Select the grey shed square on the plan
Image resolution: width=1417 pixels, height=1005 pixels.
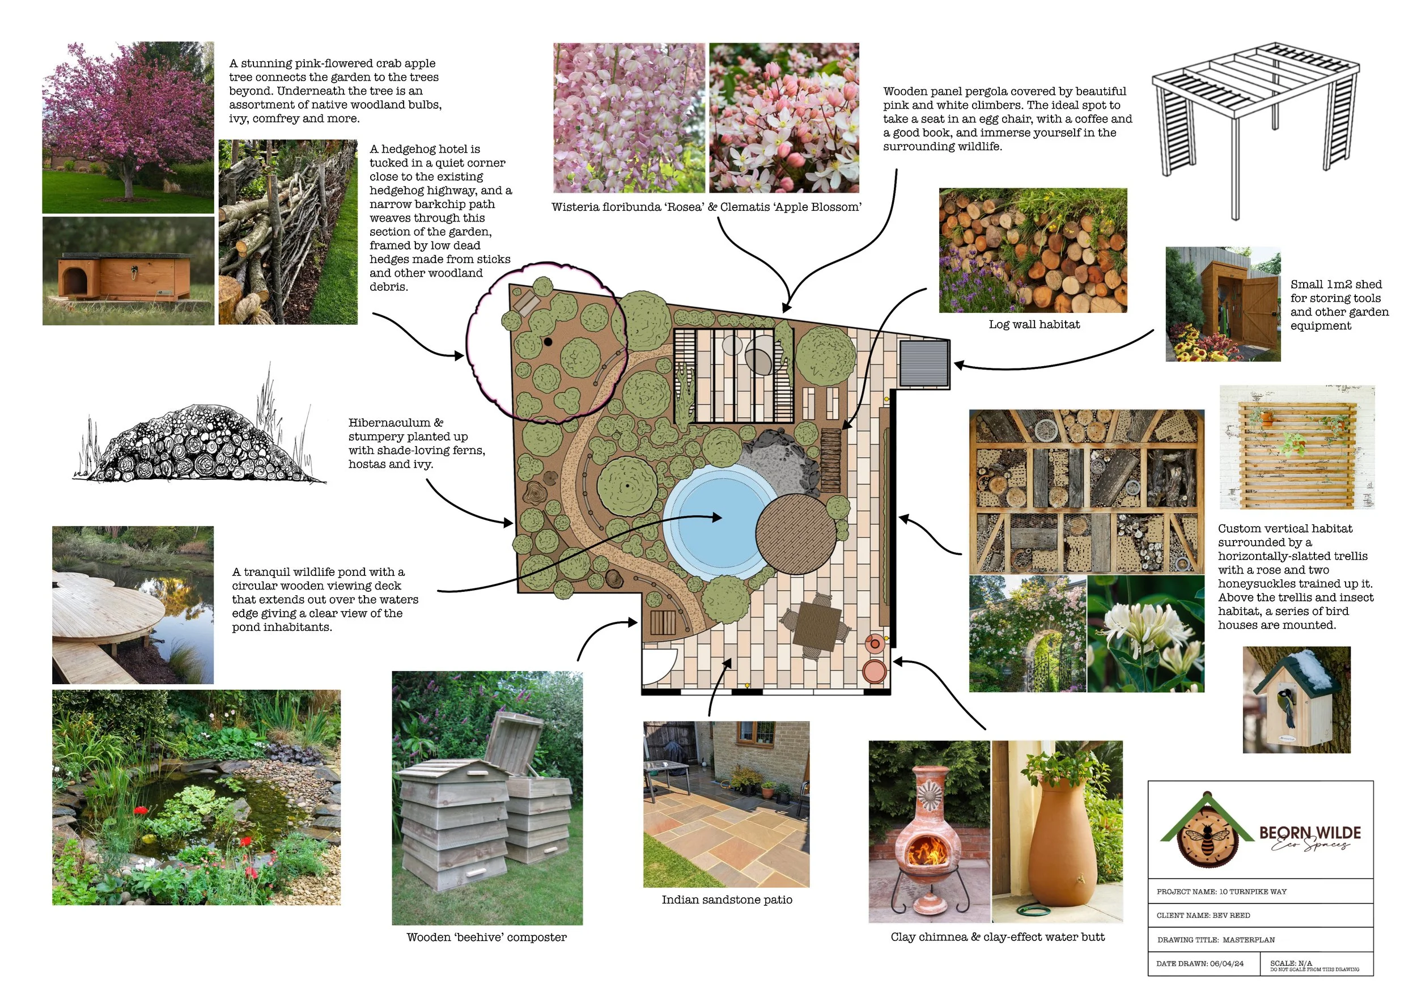[924, 362]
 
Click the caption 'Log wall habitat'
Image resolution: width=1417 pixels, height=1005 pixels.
[1033, 324]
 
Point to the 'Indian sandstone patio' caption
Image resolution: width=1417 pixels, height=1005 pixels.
[727, 900]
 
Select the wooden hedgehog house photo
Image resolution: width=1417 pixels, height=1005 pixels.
[128, 271]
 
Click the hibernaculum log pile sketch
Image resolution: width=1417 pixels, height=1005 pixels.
[198, 443]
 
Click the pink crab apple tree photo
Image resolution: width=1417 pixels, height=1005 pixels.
[128, 127]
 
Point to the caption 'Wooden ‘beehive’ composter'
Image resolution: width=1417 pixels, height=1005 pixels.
[486, 938]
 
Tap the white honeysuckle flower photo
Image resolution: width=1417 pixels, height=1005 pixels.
[1146, 634]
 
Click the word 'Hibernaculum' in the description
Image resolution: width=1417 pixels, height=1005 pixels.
[389, 423]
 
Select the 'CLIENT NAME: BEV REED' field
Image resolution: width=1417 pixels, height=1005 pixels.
[1203, 915]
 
